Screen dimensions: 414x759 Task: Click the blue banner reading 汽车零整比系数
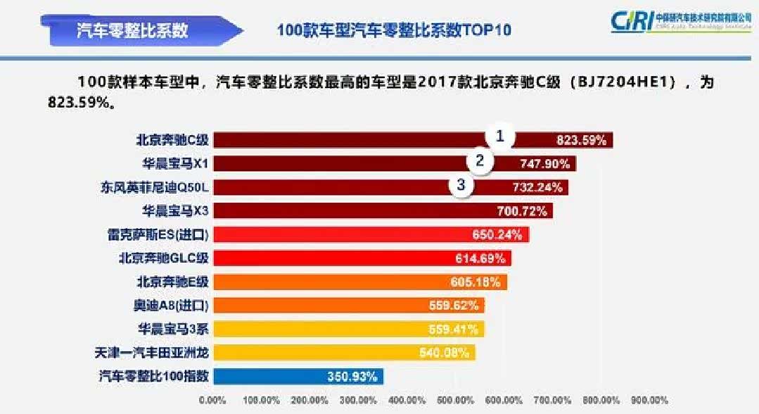tap(134, 30)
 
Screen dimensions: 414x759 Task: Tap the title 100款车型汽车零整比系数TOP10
tap(393, 31)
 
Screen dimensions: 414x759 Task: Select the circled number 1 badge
tap(500, 137)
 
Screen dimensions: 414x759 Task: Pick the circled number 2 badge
tap(480, 161)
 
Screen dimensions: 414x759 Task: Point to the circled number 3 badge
tap(461, 185)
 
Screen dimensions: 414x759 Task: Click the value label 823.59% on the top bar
tap(581, 140)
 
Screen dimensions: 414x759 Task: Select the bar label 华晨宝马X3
tap(175, 211)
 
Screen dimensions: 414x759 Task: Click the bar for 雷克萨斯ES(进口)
tap(352, 234)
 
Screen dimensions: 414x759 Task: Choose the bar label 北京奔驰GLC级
tap(164, 258)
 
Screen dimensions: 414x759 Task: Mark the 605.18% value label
tap(476, 282)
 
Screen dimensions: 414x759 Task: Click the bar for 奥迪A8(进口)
tap(338, 306)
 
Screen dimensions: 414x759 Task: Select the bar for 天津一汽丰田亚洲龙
tap(338, 352)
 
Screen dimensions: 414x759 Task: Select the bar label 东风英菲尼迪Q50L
tap(155, 187)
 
